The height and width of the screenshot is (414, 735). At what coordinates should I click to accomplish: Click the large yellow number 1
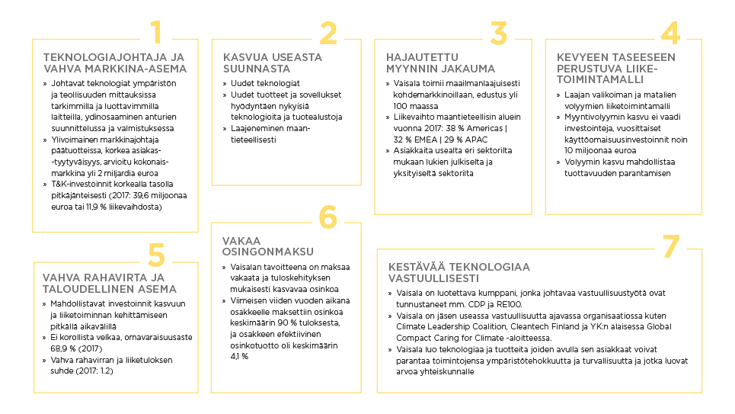point(156,34)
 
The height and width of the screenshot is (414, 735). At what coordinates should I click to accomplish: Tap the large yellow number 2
point(328,34)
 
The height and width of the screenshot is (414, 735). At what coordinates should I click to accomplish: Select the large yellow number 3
point(498,34)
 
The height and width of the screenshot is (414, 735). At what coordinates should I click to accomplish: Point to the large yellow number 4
point(669,34)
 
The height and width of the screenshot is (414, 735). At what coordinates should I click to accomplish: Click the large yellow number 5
point(156,255)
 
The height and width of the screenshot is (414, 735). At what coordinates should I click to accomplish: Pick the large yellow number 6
point(328,217)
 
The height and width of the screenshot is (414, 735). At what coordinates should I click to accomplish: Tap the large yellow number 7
point(669,246)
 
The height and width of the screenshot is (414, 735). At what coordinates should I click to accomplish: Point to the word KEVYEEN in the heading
point(581,57)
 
